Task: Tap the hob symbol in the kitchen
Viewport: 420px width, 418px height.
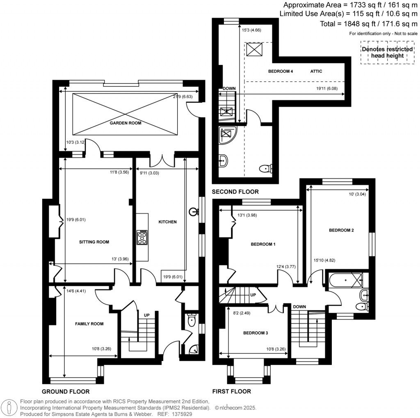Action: coord(142,237)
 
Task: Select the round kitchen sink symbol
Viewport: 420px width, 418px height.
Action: coord(194,212)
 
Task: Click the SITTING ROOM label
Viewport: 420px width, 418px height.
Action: coord(94,242)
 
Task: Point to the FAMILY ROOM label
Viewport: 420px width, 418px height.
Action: coord(89,324)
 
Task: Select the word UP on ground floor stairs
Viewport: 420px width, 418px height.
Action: coord(146,315)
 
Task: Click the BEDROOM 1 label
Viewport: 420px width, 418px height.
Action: coord(263,244)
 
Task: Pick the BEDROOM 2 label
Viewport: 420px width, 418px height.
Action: coord(341,230)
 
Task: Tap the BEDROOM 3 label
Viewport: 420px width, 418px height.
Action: coord(255,333)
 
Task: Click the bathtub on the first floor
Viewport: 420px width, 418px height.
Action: coord(346,280)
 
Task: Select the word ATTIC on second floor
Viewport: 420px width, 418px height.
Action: coord(316,71)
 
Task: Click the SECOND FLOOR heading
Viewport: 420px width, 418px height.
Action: coord(235,192)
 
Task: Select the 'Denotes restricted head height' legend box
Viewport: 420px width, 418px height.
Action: coord(387,53)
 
